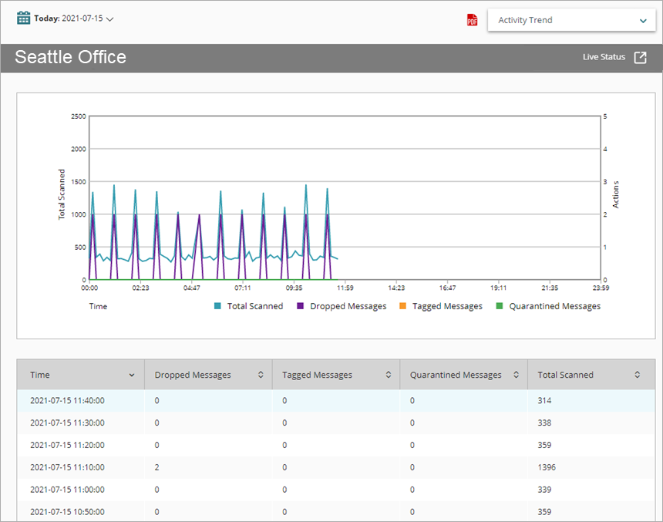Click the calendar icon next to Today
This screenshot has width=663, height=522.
pos(24,18)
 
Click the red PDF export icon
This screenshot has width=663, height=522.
pos(473,20)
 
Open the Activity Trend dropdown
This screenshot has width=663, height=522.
pos(571,20)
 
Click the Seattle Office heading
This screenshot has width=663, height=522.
pos(70,57)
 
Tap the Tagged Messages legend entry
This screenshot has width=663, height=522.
pos(440,306)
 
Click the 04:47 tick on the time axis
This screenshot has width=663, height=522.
pos(191,288)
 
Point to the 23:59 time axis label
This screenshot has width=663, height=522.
pos(601,288)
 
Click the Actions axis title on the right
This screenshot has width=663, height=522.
pos(616,195)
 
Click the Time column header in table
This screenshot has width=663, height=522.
pos(40,375)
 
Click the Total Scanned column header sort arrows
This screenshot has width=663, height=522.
pos(638,375)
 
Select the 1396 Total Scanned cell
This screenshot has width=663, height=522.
pos(547,467)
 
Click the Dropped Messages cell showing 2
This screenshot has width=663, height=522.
pos(157,467)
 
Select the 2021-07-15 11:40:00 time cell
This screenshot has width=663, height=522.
pos(67,400)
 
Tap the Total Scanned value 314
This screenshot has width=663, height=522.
pos(544,400)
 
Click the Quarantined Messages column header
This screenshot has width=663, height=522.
pos(456,375)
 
